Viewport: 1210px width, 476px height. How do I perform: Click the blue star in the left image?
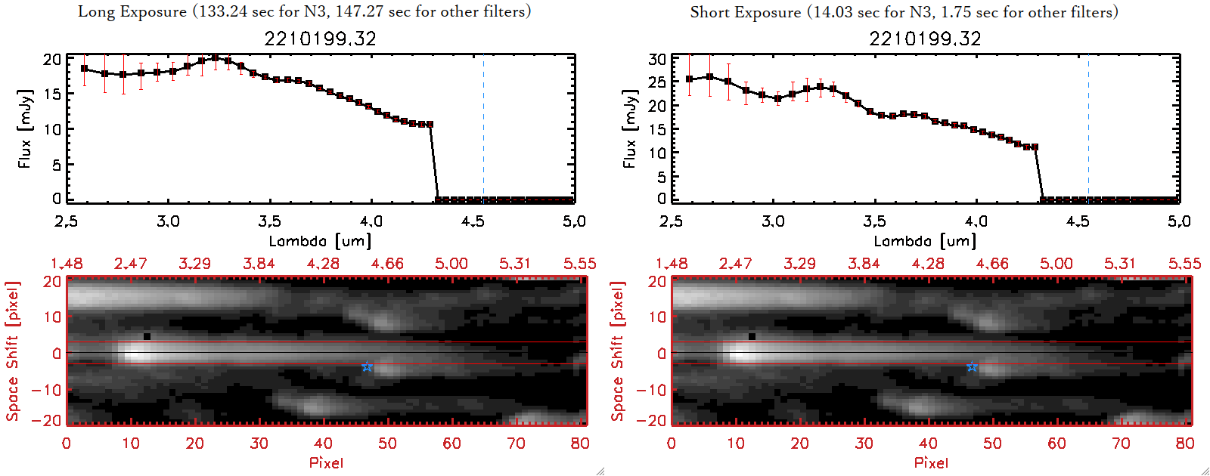[x=367, y=366]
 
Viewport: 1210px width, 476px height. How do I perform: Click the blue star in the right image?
[x=972, y=366]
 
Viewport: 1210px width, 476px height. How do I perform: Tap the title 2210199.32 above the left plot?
[x=320, y=39]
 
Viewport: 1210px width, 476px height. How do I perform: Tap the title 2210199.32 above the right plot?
[x=925, y=39]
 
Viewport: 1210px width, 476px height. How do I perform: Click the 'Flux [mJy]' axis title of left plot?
[x=26, y=128]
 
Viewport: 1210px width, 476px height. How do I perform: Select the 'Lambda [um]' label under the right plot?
[x=925, y=241]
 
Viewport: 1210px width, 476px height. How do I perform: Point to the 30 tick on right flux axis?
[x=657, y=59]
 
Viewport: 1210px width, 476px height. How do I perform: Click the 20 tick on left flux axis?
[x=52, y=59]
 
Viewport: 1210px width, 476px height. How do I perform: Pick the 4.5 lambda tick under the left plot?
[x=473, y=221]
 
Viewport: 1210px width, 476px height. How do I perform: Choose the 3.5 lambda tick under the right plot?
[x=874, y=221]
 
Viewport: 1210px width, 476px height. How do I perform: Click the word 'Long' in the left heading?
[x=96, y=12]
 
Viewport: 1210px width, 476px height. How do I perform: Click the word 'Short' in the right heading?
[x=709, y=12]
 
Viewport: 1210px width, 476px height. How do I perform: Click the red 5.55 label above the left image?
[x=579, y=264]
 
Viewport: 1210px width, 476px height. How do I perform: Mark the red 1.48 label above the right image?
[x=672, y=264]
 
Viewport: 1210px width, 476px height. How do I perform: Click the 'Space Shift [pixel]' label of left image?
[x=12, y=351]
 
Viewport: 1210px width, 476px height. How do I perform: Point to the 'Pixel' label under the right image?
[x=931, y=462]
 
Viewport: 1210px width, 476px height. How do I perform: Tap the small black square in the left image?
[x=147, y=336]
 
